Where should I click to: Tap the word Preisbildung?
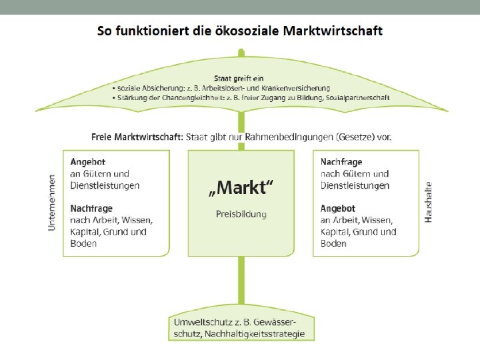(241, 214)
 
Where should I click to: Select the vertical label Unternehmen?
(52, 203)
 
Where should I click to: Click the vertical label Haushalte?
(429, 202)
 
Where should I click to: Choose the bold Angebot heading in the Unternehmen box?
(87, 162)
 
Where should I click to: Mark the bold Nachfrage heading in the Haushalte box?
(342, 162)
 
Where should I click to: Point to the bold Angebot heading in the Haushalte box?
(337, 209)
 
